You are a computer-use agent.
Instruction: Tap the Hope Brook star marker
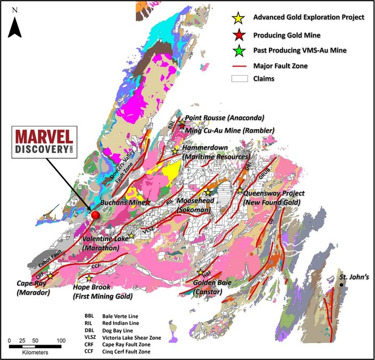point(89,278)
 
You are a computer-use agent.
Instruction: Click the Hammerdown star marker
point(175,151)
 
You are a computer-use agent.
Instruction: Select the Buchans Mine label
point(122,203)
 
